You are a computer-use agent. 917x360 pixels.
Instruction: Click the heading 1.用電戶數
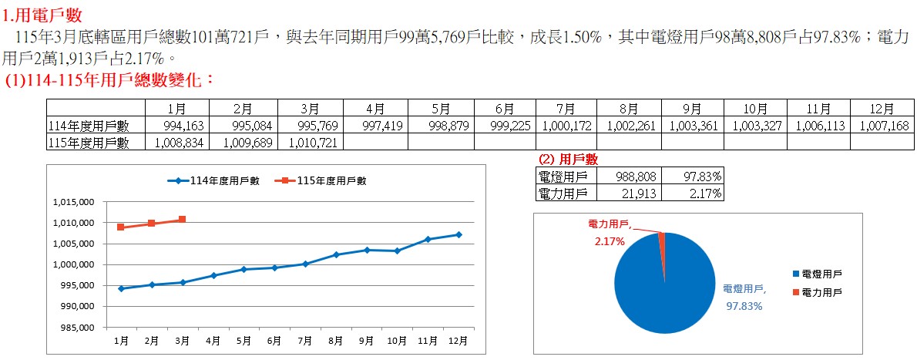click(42, 14)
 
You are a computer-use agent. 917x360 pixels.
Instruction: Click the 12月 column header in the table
click(882, 108)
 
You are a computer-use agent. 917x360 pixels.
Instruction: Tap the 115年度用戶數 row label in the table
click(89, 143)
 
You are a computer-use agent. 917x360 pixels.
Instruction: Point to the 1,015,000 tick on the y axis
click(74, 202)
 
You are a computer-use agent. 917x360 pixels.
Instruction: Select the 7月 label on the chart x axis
click(304, 341)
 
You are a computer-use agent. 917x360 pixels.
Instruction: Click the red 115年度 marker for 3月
click(182, 220)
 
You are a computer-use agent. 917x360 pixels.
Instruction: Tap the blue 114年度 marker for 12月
click(458, 234)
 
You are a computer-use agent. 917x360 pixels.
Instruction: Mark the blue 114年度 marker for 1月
click(121, 288)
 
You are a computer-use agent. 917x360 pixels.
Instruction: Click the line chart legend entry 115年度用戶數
click(324, 180)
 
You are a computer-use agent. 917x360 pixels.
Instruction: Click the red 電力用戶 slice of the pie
click(661, 240)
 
